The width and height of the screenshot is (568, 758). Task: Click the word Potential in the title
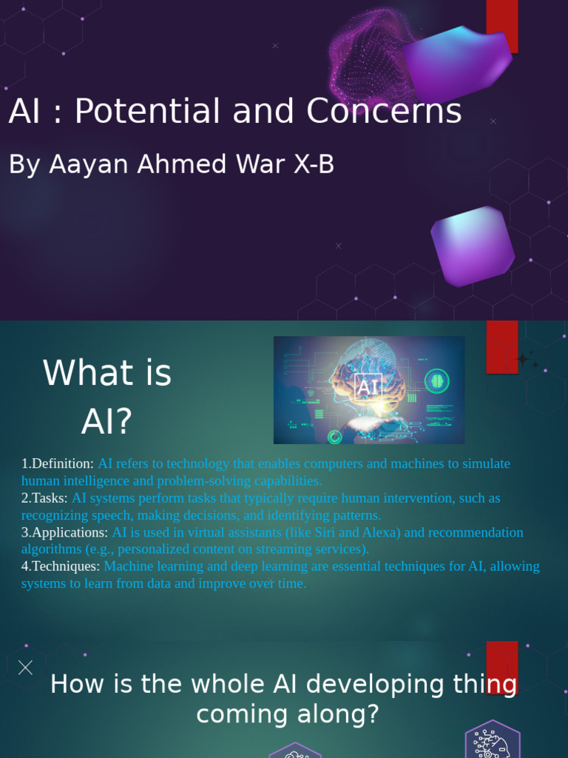tap(147, 111)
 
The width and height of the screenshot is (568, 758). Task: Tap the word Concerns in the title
tap(384, 111)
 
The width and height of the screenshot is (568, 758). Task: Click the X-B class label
tap(314, 164)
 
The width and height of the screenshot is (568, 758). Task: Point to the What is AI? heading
tap(107, 396)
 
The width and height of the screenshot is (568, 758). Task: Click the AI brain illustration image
tap(369, 390)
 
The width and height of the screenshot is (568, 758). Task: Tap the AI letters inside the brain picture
tap(368, 386)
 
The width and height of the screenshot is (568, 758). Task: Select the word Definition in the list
tap(62, 463)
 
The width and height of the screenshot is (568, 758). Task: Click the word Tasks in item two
tap(50, 498)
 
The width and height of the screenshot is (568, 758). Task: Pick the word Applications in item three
tap(70, 532)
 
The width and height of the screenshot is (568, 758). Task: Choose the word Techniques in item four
tap(65, 566)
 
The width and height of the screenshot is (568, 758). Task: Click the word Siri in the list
tap(325, 532)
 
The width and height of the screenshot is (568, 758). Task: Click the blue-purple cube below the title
tap(473, 246)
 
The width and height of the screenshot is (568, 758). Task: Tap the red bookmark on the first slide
tap(501, 26)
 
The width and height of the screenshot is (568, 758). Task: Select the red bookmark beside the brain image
tap(501, 346)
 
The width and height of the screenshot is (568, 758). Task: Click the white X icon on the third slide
tap(25, 667)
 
